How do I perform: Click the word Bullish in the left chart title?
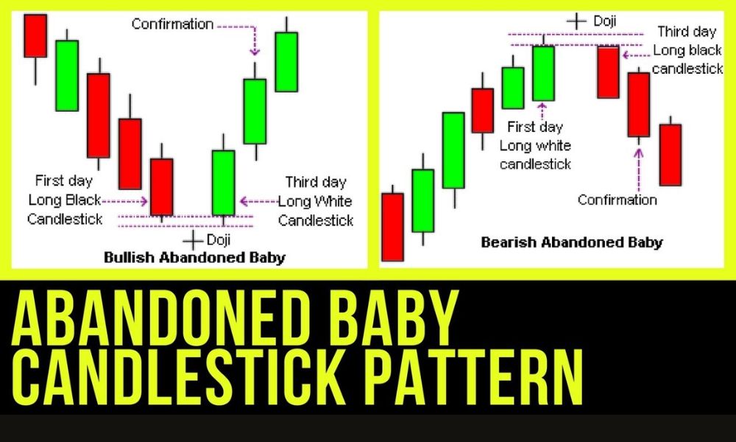pos(130,257)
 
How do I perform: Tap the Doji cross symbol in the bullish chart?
pos(192,240)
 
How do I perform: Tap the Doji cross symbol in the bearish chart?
pos(577,21)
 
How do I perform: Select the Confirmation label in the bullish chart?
pos(172,24)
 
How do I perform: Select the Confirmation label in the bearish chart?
pos(618,200)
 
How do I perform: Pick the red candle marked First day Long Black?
pos(161,186)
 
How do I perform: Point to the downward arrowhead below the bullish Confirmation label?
pos(255,51)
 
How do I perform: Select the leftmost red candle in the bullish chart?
pos(35,36)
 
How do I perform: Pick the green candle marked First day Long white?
pos(544,73)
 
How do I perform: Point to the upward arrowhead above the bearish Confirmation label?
pos(638,153)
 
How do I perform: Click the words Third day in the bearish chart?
pos(687,32)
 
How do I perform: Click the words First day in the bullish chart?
pos(64,180)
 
